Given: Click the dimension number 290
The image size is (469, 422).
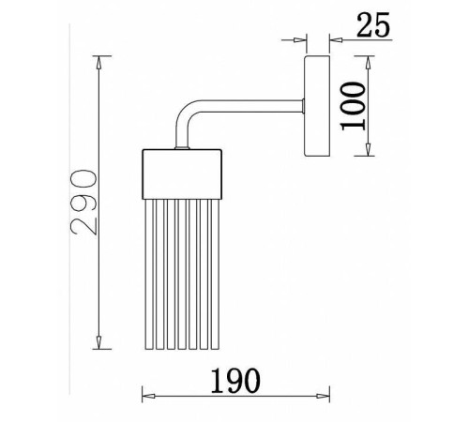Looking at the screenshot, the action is point(83,202).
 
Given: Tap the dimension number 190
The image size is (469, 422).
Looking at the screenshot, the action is point(235,381).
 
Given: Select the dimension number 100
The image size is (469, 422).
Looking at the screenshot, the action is point(353,106).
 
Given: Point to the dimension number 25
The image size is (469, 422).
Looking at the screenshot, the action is point(373,24).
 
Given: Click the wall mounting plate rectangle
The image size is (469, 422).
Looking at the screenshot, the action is point(317,106).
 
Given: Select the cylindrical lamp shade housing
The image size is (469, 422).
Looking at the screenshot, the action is point(182,174).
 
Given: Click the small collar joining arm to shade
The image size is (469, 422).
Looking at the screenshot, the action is point(182,147).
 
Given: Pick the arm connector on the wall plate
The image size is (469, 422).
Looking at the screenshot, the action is point(303,106).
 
